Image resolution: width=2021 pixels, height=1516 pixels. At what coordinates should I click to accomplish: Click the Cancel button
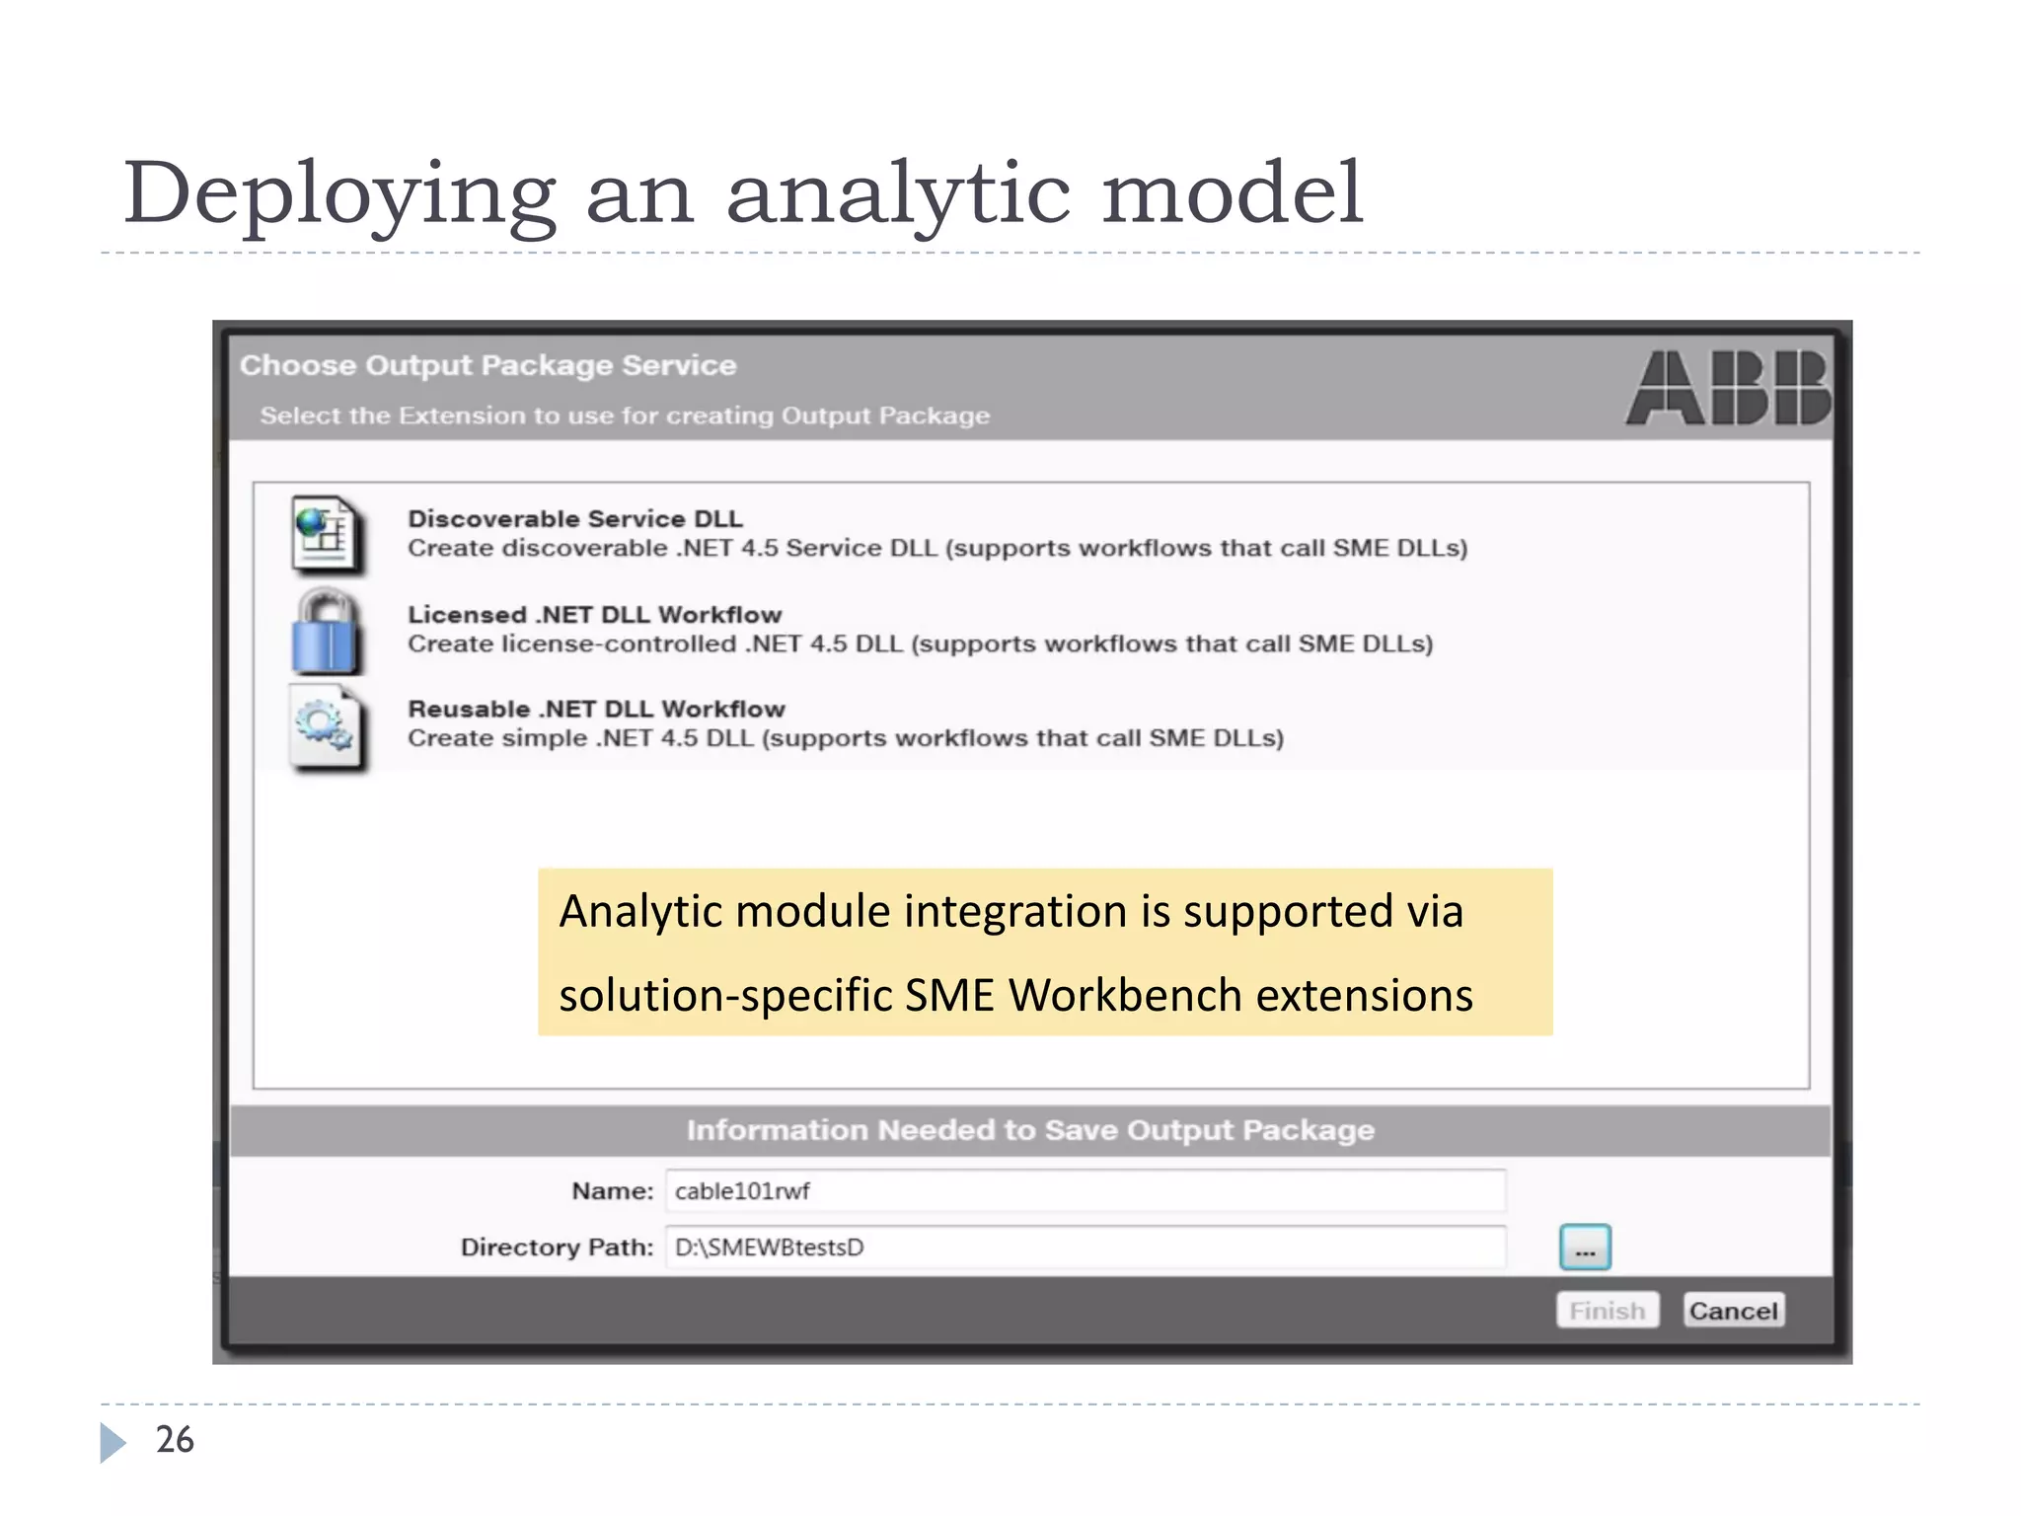(1733, 1310)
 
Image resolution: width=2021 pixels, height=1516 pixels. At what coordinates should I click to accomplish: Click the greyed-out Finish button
(1608, 1310)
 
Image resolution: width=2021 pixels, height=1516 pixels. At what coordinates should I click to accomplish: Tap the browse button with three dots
(1585, 1248)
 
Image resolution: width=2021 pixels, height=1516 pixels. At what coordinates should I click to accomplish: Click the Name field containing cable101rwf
(1085, 1190)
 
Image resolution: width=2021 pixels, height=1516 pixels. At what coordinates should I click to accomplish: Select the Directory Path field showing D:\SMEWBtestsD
(1085, 1247)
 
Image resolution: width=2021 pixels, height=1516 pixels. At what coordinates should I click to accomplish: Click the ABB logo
(1728, 388)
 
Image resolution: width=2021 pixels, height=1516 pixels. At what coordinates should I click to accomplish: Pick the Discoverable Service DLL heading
(575, 518)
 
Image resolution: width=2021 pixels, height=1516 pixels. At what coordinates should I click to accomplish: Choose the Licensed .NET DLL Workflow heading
(594, 614)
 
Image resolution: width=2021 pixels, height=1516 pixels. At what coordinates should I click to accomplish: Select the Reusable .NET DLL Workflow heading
(596, 709)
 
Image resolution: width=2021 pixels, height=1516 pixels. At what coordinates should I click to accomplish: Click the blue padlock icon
(326, 633)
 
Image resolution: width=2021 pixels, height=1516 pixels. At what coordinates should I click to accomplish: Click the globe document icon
(326, 535)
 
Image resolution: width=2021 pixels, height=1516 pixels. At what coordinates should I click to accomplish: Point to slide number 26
(175, 1440)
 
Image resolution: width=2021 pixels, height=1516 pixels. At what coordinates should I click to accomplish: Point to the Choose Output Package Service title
(488, 365)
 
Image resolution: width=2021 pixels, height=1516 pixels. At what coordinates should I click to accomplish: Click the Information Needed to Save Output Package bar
(1030, 1130)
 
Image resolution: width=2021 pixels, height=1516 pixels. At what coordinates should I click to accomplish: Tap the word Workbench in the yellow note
(1125, 995)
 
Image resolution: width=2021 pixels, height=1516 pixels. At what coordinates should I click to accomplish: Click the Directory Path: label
(557, 1248)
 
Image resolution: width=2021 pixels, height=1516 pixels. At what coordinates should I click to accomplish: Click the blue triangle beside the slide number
(112, 1442)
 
